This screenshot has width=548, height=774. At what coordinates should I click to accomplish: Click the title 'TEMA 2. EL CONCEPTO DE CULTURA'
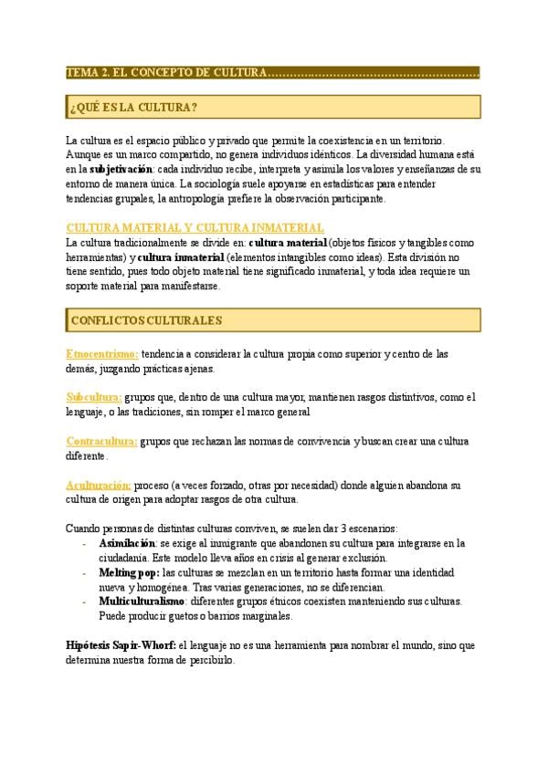click(166, 72)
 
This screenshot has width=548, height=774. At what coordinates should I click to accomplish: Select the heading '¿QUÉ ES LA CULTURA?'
click(132, 109)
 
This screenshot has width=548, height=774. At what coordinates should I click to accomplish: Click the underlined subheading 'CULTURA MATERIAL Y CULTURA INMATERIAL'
click(195, 227)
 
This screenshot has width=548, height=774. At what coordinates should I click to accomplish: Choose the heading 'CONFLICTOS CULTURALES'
click(145, 320)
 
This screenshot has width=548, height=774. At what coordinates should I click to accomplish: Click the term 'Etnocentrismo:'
click(102, 353)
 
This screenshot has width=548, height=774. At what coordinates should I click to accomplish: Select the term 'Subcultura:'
click(94, 397)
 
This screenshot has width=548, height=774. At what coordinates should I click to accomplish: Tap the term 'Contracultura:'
click(102, 441)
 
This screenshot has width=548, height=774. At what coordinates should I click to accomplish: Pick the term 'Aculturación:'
click(100, 485)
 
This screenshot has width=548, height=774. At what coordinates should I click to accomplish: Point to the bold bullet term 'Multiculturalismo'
click(143, 601)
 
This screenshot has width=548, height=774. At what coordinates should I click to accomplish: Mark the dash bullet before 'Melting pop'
click(84, 572)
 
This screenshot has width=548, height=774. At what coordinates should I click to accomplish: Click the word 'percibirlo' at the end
click(209, 660)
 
